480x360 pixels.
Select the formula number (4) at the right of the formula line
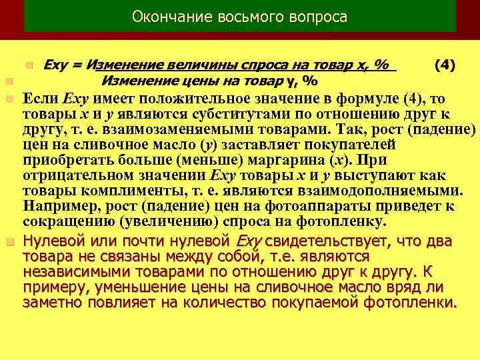pos(445,65)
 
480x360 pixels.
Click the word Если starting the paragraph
pos(42,99)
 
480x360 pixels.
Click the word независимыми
pos(75,271)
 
